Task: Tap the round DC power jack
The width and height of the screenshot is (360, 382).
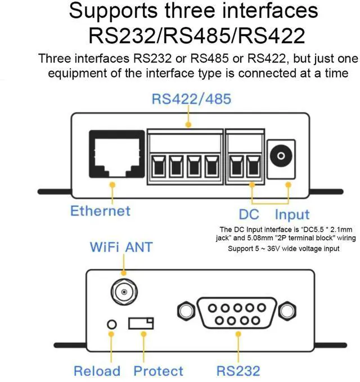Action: pos(278,155)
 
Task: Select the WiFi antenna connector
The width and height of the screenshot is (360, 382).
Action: pos(124,291)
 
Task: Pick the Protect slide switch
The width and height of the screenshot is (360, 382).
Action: pos(141,323)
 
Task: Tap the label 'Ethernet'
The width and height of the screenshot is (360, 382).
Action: pos(100,211)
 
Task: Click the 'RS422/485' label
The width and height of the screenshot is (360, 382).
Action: pos(191,100)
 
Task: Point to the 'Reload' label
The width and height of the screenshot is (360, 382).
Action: pos(97,371)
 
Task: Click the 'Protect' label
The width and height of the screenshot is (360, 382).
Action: pos(158,371)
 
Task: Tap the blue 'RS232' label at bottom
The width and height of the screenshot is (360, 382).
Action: pos(238,371)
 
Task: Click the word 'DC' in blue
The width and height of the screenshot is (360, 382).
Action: pos(249,214)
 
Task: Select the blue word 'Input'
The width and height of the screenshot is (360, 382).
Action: pos(292,214)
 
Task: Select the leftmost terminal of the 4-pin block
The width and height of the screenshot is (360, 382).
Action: pos(157,166)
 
